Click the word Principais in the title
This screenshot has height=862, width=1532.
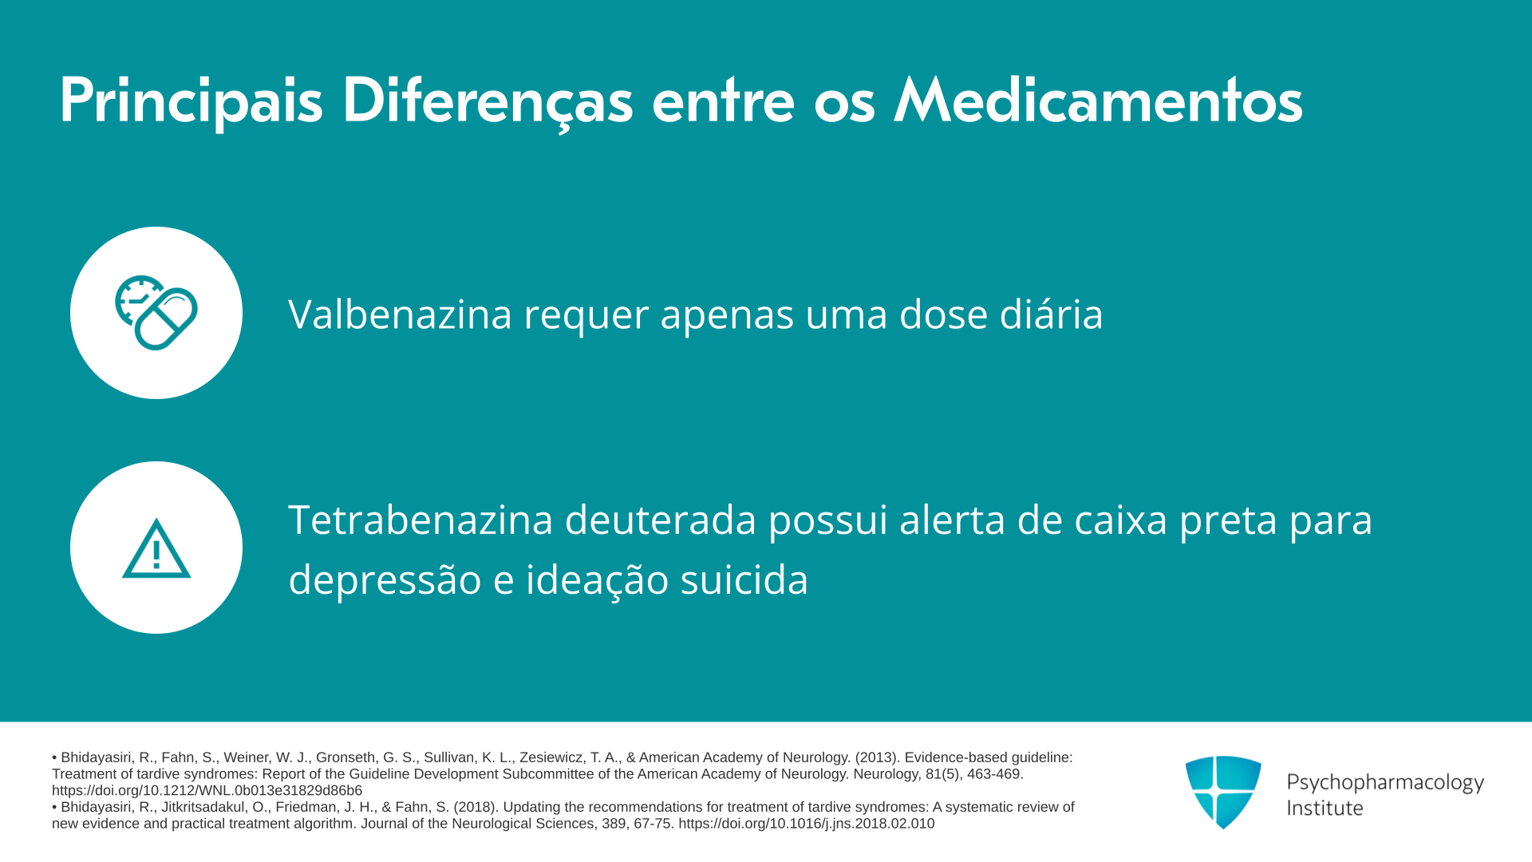click(191, 101)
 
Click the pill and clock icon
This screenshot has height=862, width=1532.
click(156, 313)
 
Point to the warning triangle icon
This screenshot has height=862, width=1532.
click(156, 548)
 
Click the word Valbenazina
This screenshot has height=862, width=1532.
click(400, 314)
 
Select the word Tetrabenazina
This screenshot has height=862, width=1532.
click(421, 520)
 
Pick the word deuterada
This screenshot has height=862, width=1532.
click(661, 520)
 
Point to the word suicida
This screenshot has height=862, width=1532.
click(744, 579)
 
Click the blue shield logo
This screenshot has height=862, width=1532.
click(1223, 792)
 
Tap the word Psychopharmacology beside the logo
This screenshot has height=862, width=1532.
click(1385, 783)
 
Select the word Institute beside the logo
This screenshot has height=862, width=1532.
click(1325, 809)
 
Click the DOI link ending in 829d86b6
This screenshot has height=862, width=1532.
click(207, 791)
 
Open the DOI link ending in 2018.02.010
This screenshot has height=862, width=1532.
click(807, 824)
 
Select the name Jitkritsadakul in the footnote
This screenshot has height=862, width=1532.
click(204, 807)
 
